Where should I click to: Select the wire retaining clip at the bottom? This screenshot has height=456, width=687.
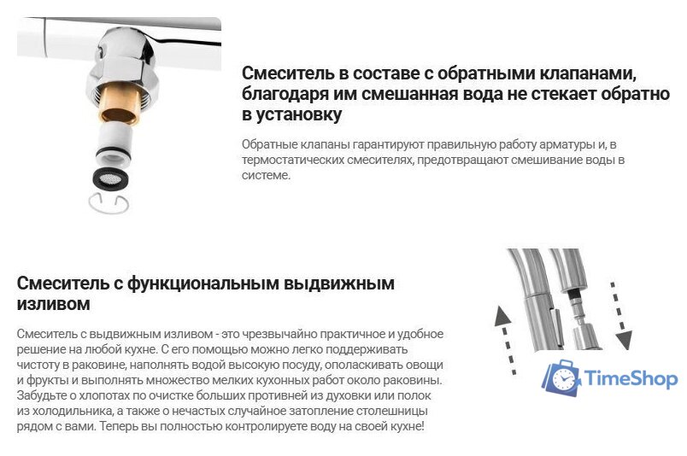[109, 204]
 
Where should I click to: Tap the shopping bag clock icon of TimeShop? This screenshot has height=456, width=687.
[561, 379]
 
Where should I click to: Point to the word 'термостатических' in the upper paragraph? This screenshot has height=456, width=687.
[294, 160]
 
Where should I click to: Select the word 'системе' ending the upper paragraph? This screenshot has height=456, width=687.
[267, 175]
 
